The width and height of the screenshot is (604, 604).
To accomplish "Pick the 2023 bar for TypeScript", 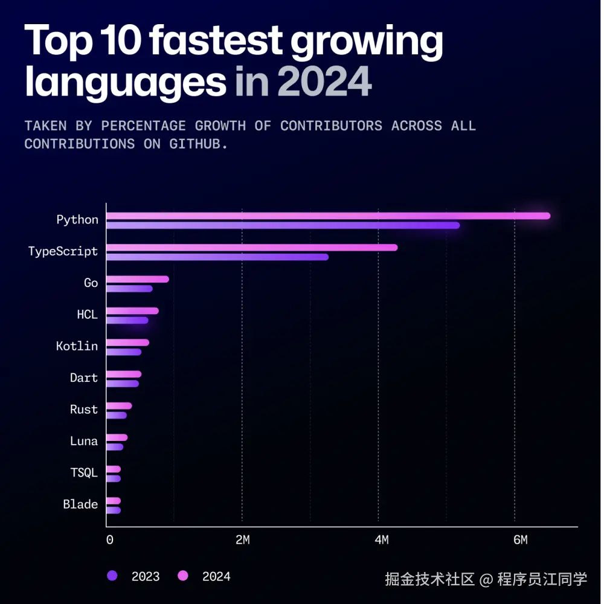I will click(x=217, y=257).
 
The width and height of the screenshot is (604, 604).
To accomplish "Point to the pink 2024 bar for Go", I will click(x=138, y=279).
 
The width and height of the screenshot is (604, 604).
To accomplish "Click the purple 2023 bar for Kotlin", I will click(x=124, y=352).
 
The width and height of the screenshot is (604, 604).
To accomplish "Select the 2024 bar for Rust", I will click(x=119, y=406).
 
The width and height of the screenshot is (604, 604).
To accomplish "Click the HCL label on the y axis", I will click(x=87, y=314).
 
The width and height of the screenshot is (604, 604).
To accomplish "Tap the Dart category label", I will click(x=83, y=377).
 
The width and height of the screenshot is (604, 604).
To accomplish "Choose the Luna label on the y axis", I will click(x=83, y=441).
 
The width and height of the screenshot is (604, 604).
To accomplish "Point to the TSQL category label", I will click(x=83, y=472).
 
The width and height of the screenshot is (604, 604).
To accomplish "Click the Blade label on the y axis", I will click(x=80, y=504).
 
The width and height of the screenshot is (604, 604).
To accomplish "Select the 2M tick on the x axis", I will click(x=242, y=540).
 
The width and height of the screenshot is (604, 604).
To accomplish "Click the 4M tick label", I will click(x=381, y=540).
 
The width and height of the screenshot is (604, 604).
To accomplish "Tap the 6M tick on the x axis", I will click(x=520, y=540).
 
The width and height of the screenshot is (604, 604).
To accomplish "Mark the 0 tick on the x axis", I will click(x=109, y=540).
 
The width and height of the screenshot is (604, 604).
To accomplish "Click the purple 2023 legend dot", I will click(x=112, y=576).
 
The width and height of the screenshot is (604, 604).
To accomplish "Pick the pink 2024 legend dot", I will click(x=183, y=576).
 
